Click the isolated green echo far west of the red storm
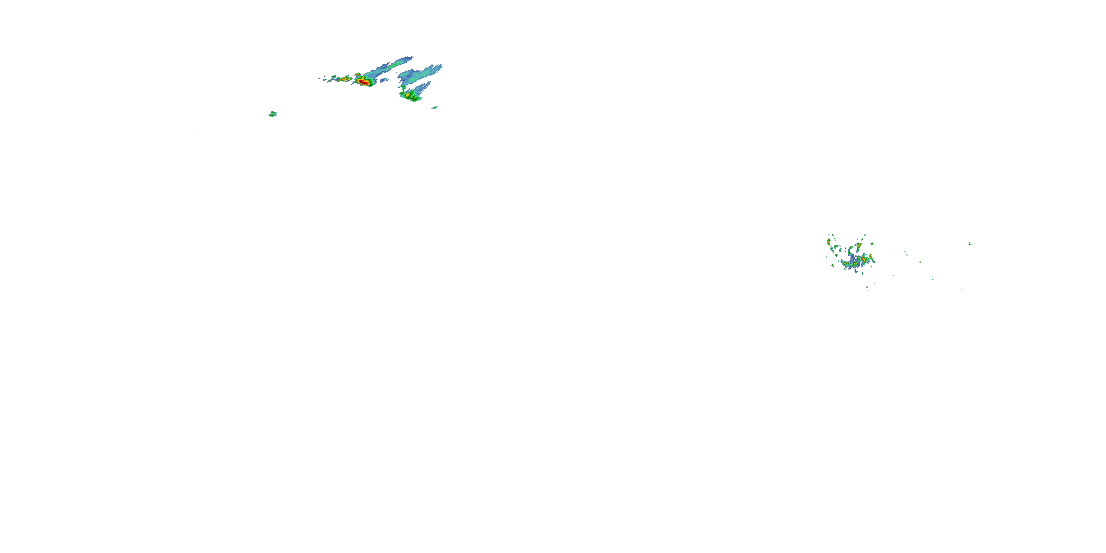(272, 114)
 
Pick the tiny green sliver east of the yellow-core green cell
(435, 107)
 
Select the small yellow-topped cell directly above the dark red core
(357, 75)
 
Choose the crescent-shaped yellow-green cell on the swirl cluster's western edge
(828, 242)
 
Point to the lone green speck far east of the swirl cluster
(970, 243)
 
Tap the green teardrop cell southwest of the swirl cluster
(832, 266)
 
